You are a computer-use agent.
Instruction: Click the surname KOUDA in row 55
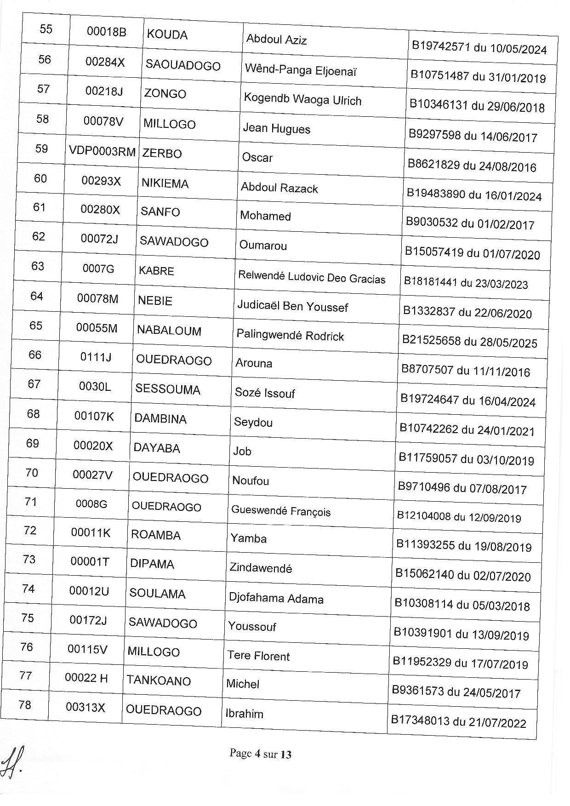coord(167,35)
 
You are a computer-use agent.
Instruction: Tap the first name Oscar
coord(257,158)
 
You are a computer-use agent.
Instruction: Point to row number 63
coord(38,266)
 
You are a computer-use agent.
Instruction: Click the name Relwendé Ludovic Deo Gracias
coord(312,277)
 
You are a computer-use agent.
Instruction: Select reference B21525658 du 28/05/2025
coord(469,342)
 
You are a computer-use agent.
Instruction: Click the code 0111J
coord(96,357)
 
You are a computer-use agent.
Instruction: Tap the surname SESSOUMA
coord(168,389)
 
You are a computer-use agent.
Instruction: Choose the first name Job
coord(242,452)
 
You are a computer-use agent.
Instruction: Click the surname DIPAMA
coord(152,564)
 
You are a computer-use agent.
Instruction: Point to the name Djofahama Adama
coord(276,599)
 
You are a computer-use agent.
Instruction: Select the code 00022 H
coord(86,678)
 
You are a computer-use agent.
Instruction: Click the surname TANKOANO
coord(159,680)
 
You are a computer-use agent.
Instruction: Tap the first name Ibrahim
coord(244,714)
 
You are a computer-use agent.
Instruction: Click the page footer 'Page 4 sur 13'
coord(260,754)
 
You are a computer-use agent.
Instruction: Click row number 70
coord(32,473)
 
